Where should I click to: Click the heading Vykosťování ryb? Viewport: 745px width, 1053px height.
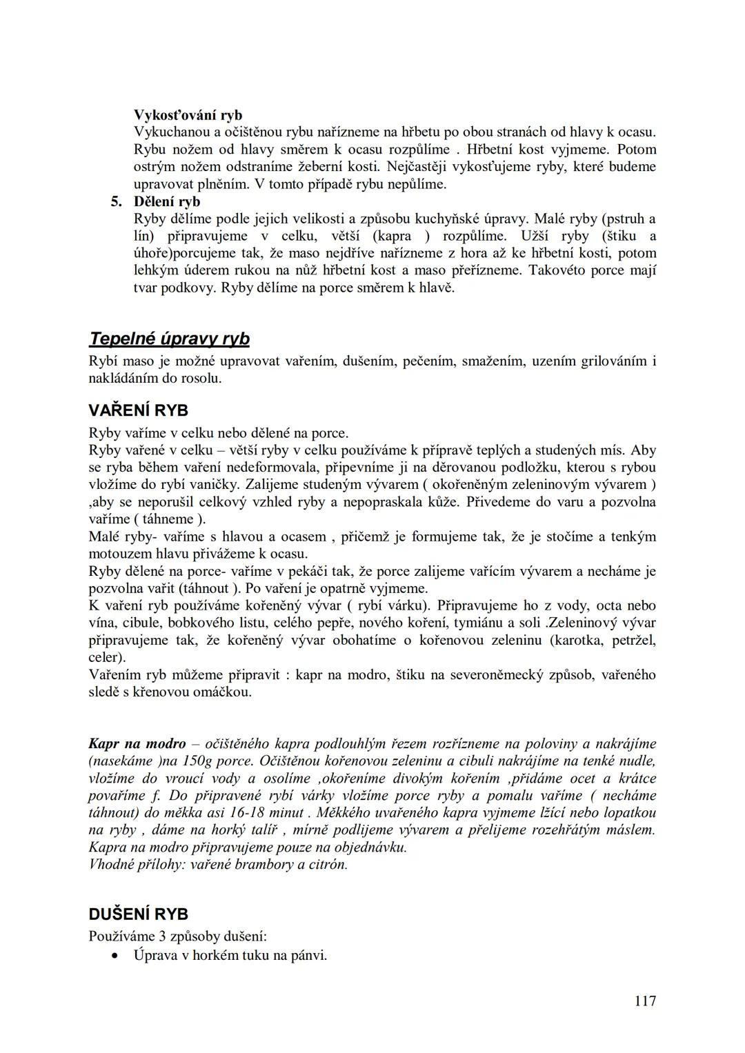click(x=188, y=115)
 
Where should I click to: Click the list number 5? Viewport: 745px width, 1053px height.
click(x=116, y=202)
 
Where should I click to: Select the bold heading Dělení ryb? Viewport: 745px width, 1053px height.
click(x=167, y=202)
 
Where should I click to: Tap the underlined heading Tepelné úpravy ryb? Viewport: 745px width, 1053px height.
click(x=169, y=339)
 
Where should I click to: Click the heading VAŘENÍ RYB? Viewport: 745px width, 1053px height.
click(x=138, y=411)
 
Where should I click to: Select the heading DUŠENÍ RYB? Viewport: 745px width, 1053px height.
click(x=138, y=914)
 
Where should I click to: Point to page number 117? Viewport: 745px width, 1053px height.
click(x=644, y=1001)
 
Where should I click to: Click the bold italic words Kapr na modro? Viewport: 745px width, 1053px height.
click(x=137, y=744)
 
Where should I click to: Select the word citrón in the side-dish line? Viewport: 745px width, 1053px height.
click(x=328, y=865)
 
